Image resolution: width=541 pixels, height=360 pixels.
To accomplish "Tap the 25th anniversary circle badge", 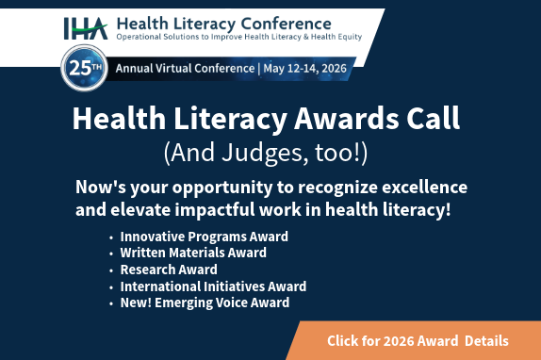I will (84, 69).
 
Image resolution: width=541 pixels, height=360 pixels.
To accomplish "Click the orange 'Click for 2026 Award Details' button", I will (418, 340).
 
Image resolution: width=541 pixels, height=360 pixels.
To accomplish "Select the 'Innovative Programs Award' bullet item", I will (204, 237).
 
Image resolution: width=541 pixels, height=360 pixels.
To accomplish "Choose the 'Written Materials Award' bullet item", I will (193, 253).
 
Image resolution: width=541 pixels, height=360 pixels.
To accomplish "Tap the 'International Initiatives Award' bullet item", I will (213, 286).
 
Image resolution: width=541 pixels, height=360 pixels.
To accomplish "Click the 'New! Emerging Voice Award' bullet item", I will (205, 303).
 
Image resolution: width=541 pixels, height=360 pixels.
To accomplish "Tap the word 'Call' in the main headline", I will (433, 120).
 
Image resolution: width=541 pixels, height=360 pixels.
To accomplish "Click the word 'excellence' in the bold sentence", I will (420, 186).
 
